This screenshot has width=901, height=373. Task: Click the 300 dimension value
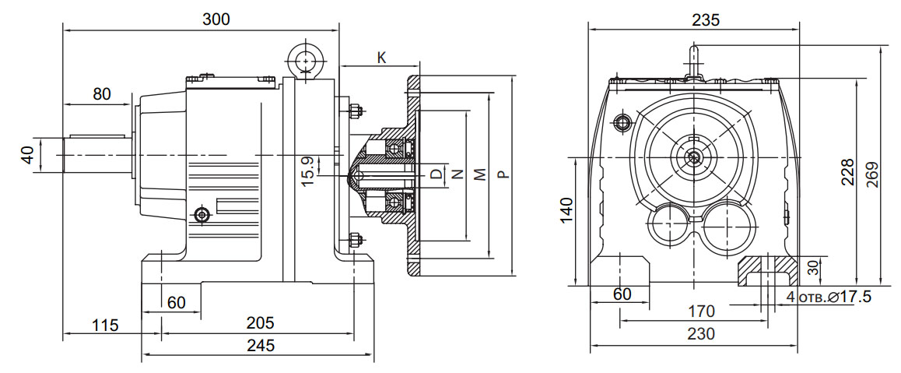[216, 19]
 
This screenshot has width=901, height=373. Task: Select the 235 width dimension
[705, 19]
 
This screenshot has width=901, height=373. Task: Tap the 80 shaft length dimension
[102, 93]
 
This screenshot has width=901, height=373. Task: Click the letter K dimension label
[381, 58]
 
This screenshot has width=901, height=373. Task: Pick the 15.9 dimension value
[309, 171]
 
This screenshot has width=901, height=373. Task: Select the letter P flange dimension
[503, 174]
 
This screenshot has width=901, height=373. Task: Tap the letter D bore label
[436, 174]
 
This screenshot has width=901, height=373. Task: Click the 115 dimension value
[104, 325]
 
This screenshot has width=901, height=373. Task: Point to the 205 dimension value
[261, 322]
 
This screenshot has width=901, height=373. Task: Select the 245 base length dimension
[261, 346]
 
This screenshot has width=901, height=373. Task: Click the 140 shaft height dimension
[566, 210]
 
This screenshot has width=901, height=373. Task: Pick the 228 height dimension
[847, 172]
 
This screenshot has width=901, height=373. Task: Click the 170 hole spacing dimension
[701, 311]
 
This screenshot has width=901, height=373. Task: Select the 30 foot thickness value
[813, 268]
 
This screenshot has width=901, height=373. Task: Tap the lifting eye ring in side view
[305, 58]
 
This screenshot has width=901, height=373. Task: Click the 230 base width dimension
[701, 334]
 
